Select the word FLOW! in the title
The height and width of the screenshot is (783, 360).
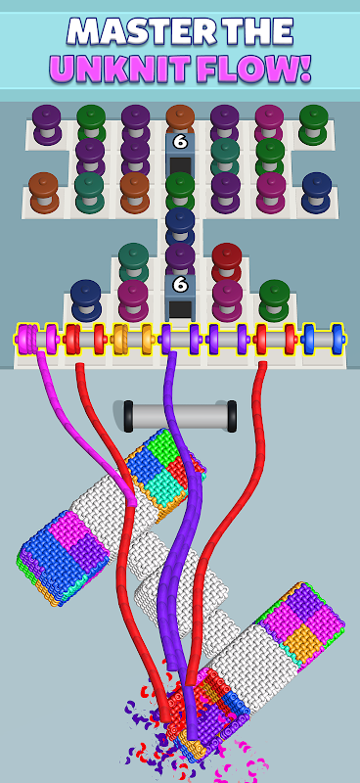(x=253, y=68)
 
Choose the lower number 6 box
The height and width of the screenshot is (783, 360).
(x=180, y=298)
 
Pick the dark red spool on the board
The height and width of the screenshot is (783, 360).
(x=227, y=261)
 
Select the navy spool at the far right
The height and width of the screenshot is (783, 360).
(x=317, y=192)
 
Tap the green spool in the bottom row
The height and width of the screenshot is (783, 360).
(x=274, y=299)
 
